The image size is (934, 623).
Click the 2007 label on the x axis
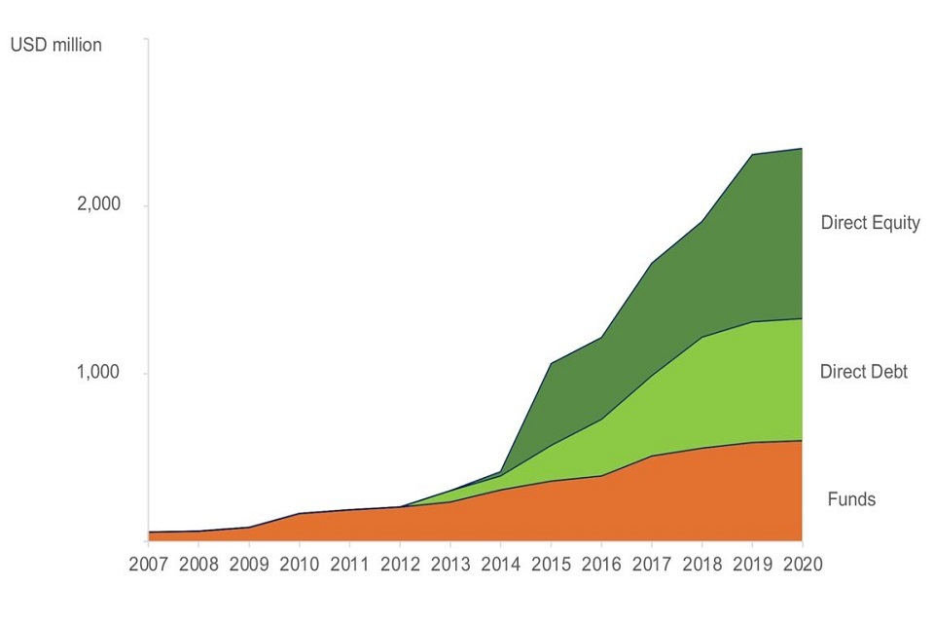(149, 565)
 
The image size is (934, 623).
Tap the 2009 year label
(249, 565)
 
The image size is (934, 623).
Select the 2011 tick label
(349, 565)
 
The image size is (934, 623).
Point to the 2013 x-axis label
(449, 565)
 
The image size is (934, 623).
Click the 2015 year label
(551, 565)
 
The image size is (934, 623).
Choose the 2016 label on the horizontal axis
(600, 565)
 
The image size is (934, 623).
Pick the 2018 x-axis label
(700, 565)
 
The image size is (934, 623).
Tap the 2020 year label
(801, 565)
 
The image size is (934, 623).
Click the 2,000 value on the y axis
(98, 205)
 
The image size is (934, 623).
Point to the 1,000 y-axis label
(98, 373)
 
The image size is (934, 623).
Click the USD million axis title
(55, 45)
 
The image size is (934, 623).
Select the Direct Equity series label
(870, 223)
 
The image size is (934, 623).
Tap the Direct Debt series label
(863, 372)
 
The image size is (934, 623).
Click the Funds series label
(851, 499)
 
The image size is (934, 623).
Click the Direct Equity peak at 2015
(552, 363)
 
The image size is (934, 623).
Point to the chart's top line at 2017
(651, 262)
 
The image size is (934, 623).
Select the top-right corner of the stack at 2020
(801, 149)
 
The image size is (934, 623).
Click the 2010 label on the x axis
(300, 565)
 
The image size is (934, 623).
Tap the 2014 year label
(500, 565)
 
